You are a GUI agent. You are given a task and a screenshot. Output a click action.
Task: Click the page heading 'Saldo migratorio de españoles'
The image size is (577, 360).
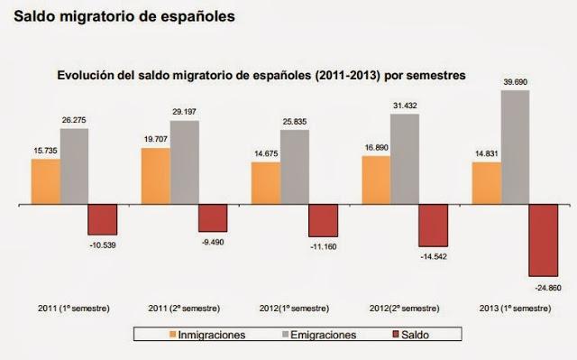click(124, 16)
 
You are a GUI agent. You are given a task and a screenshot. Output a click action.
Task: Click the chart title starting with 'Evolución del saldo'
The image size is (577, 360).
click(261, 77)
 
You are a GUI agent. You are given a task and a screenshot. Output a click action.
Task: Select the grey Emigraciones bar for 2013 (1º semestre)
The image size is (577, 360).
click(515, 147)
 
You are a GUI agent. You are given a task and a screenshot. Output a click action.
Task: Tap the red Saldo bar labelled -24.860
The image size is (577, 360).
click(543, 241)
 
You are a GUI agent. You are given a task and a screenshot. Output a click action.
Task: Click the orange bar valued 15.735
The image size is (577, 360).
click(45, 182)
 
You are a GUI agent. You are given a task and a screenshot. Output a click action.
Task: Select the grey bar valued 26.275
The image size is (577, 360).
click(74, 167)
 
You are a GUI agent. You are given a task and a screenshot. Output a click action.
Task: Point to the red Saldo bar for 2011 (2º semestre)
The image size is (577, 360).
click(213, 219)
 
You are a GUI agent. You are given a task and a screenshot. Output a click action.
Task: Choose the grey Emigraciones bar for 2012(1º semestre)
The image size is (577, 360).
click(294, 168)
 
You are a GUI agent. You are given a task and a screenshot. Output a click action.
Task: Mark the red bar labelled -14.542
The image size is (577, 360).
click(433, 226)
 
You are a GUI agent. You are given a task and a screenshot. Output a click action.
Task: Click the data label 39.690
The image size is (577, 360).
click(515, 82)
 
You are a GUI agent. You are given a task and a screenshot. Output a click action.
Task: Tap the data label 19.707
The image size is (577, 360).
click(155, 140)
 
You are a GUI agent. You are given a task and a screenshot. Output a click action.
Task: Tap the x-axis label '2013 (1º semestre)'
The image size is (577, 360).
click(515, 308)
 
